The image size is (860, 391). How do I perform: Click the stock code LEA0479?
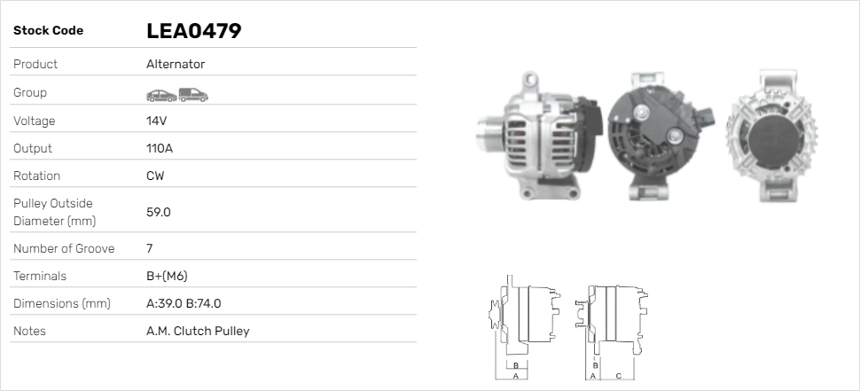pos(193,31)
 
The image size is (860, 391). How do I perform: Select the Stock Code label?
pos(48,31)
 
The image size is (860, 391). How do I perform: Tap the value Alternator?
pos(176,64)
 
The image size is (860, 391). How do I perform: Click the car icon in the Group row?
pos(161,96)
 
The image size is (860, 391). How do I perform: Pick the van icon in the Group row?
pos(193,95)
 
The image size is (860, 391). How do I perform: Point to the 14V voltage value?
pos(156,121)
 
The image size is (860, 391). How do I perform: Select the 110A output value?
pos(160,148)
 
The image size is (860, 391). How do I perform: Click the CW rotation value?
pos(155,176)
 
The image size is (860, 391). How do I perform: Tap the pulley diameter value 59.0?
pos(159,212)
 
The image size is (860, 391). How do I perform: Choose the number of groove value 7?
pos(150,248)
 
